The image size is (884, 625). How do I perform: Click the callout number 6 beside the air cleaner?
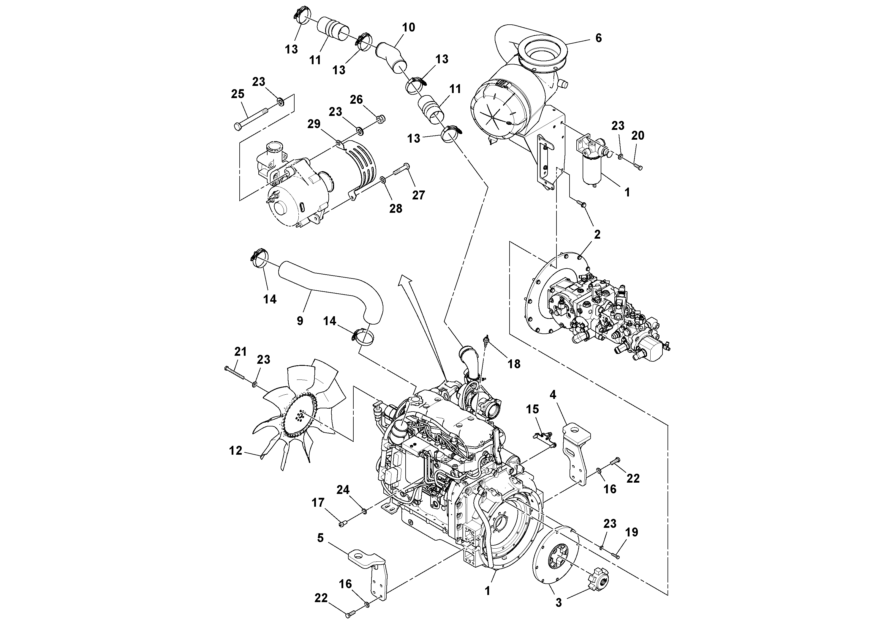(x=598, y=38)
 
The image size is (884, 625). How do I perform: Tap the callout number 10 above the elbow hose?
(x=409, y=27)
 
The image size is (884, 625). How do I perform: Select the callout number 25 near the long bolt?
(x=238, y=94)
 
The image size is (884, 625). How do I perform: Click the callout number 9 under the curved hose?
(x=300, y=321)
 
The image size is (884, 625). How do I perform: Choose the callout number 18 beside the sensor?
(x=514, y=364)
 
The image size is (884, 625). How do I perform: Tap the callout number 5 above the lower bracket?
(x=320, y=538)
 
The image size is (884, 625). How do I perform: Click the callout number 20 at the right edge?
(x=638, y=135)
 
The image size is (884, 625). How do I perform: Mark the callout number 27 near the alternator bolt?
(x=418, y=195)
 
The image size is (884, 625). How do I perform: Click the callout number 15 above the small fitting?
(x=532, y=409)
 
